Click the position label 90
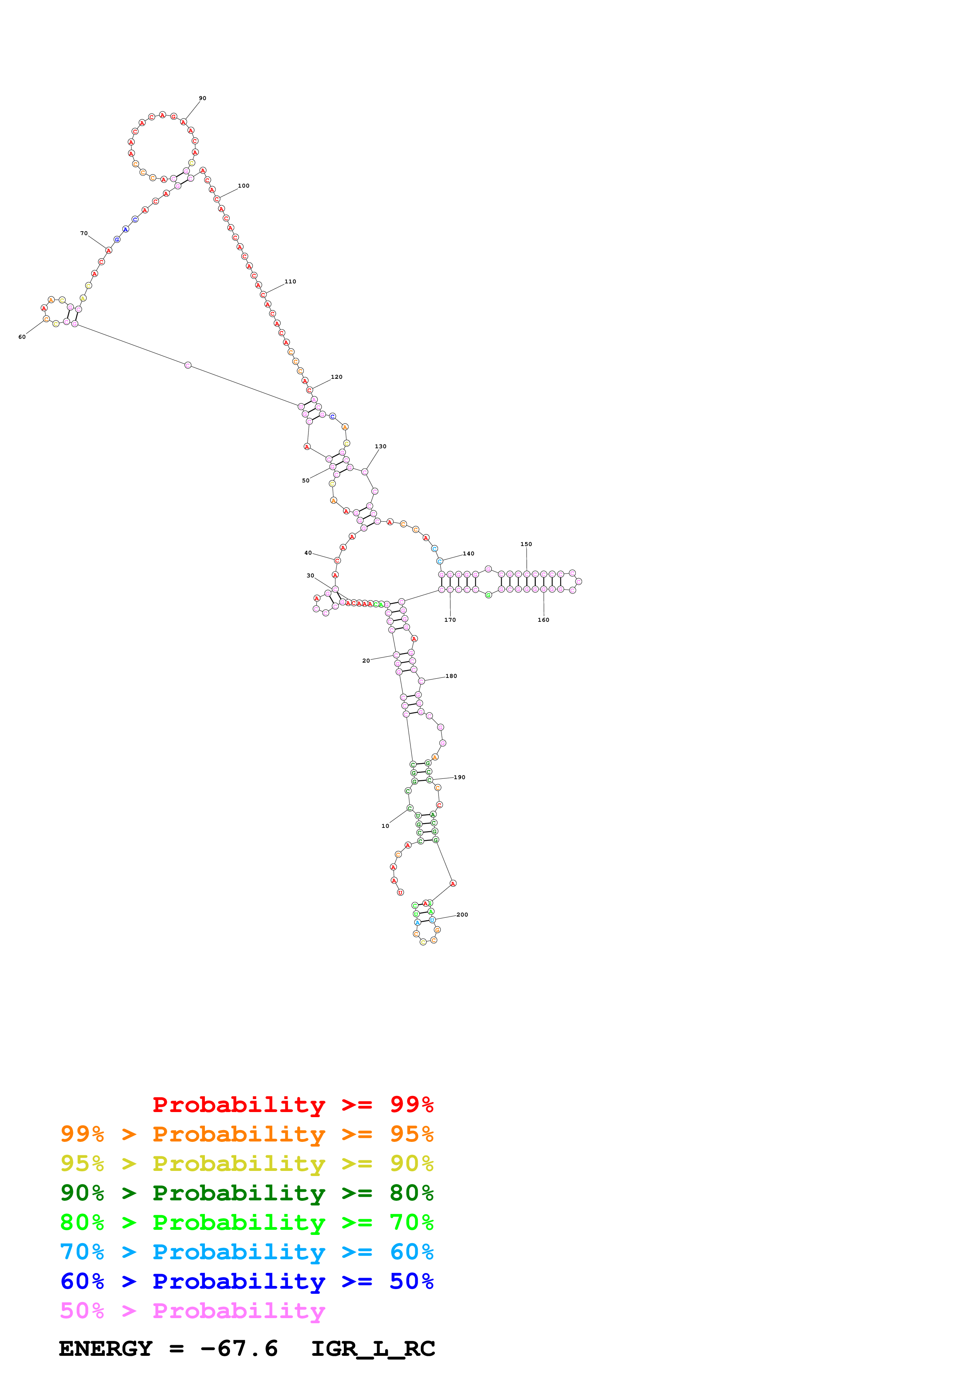point(203,99)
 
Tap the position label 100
point(243,186)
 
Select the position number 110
point(290,281)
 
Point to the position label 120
point(337,377)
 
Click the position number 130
point(381,447)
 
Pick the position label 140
point(469,553)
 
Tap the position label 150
point(526,544)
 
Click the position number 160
point(544,620)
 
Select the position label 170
point(450,620)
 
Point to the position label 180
point(451,676)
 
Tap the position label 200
point(462,915)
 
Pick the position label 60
point(22,337)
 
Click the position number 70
point(84,233)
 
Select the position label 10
point(385,826)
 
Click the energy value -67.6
point(239,1348)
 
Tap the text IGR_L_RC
point(373,1348)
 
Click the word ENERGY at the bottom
point(106,1348)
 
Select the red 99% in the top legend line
point(412,1104)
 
